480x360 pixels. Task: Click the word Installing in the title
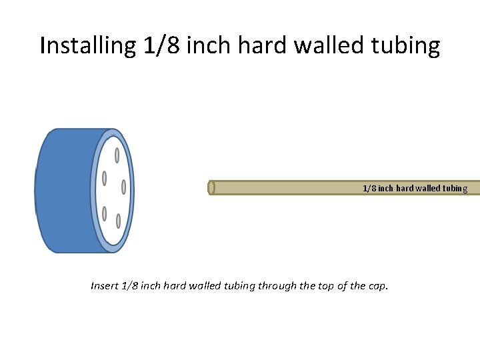coord(88,46)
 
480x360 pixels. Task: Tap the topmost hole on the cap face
coord(117,155)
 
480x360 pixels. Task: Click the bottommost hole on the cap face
coord(118,221)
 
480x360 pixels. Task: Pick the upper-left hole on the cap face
coord(105,179)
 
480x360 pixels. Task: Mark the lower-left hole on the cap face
coord(105,214)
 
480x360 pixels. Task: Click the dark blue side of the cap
coord(63,191)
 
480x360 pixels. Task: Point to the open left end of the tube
coord(211,188)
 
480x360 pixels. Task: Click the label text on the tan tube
coord(415,189)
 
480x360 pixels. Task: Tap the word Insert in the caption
coord(105,286)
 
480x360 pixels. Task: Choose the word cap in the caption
coord(378,287)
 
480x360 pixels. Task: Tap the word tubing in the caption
coord(241,287)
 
